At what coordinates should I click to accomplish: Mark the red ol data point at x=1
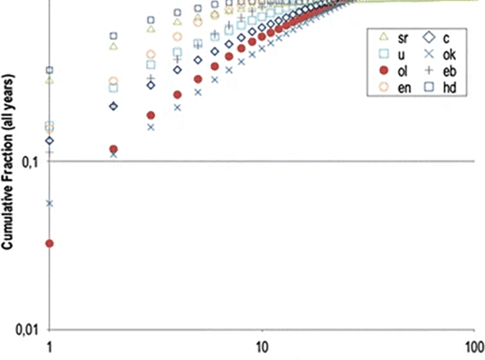point(50,243)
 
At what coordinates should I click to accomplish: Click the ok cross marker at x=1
point(50,203)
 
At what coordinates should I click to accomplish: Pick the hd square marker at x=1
point(50,70)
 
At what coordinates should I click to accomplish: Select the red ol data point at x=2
point(113,149)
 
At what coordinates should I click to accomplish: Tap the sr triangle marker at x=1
point(50,80)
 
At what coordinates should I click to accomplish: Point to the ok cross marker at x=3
point(151,126)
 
